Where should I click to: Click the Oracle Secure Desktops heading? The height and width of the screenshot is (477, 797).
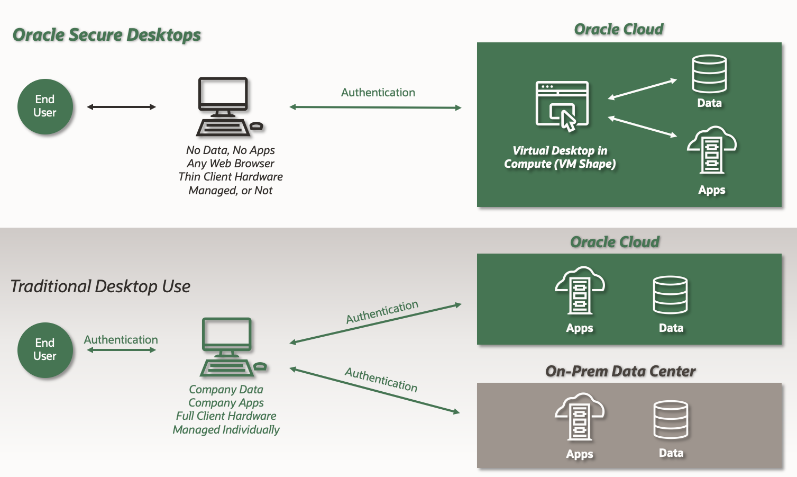click(107, 35)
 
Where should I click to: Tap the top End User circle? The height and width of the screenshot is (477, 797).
click(45, 106)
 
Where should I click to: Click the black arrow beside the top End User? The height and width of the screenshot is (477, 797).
click(121, 107)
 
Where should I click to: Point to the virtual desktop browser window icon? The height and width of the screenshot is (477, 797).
click(562, 105)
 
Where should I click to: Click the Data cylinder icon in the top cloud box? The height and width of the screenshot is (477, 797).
click(709, 74)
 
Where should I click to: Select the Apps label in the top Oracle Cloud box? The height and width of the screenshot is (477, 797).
click(711, 190)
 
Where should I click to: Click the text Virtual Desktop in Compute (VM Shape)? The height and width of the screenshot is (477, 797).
click(560, 157)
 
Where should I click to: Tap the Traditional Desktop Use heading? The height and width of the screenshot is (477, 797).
click(100, 286)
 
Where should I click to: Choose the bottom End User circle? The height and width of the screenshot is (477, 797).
click(45, 350)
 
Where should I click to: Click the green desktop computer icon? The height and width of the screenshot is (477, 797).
click(231, 347)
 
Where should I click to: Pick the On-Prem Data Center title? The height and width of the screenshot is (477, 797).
click(620, 371)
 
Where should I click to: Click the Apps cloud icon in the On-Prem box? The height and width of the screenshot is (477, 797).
click(579, 416)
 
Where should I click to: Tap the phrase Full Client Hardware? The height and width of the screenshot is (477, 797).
click(226, 416)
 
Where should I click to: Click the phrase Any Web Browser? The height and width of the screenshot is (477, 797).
click(230, 164)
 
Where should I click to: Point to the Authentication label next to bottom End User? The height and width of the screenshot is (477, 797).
click(121, 340)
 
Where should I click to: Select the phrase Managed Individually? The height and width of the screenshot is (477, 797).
click(226, 430)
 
